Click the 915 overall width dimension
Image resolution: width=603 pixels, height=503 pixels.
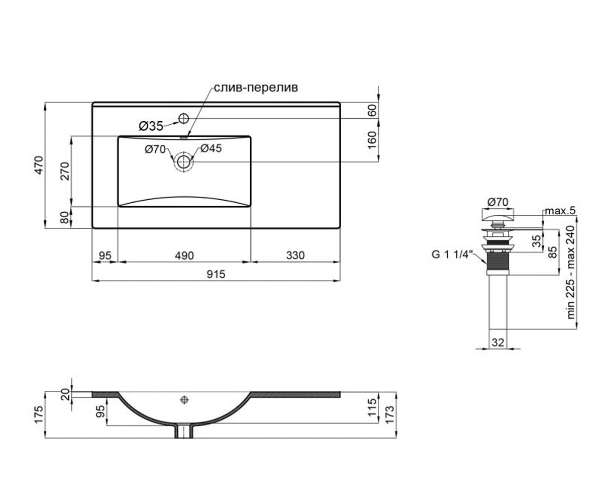pos(216,274)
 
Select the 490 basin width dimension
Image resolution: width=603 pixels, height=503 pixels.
pos(184,256)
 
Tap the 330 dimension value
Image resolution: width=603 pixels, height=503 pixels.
pos(295,256)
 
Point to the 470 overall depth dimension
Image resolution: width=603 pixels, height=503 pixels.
pos(39,165)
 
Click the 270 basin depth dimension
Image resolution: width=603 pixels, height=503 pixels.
pos(65,171)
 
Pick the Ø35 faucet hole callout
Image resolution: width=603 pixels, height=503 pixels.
pos(151,126)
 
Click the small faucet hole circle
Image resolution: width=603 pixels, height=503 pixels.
pos(184,118)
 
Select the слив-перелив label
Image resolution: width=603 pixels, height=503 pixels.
pos(256,88)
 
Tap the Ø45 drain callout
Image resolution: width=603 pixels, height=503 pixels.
pos(211,148)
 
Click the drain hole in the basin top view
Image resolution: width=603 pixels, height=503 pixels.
pos(184,162)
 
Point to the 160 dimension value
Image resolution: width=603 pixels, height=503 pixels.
pos(373,140)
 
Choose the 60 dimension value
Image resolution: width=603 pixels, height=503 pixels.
pos(373,111)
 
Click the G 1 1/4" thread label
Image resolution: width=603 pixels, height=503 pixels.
pos(452,255)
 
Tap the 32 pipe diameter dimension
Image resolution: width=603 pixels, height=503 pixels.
pos(498,343)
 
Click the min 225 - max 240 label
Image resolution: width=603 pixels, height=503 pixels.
pos(571,272)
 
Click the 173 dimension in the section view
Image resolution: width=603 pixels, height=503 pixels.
pos(389,414)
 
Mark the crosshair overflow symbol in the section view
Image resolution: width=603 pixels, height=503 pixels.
pos(184,400)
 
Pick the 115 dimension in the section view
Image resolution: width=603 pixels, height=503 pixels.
pos(373,407)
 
